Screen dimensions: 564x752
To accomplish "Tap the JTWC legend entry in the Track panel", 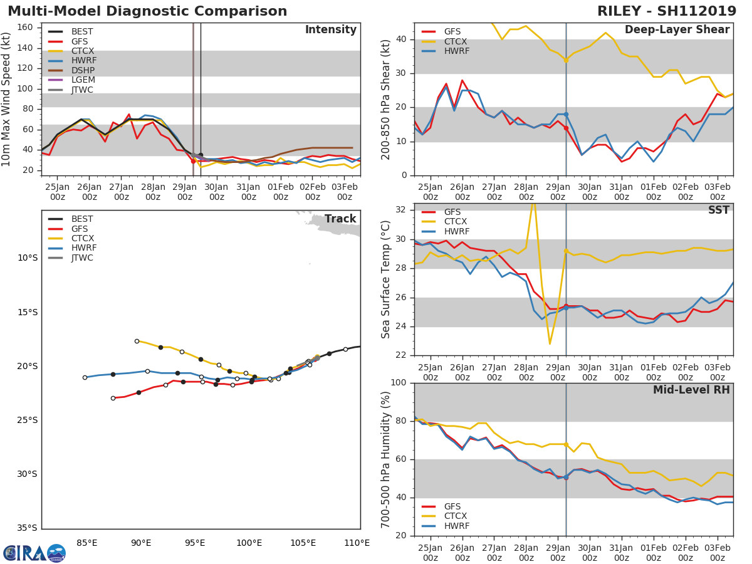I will tap(82, 258).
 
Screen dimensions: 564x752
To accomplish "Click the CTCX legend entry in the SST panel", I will tap(456, 222).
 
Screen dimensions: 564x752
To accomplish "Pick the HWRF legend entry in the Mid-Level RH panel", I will tap(456, 526).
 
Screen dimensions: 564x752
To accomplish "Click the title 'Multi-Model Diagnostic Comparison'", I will tap(147, 11).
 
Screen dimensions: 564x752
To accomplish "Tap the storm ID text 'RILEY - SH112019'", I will tap(667, 11).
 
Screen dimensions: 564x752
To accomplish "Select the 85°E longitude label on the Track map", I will tap(86, 543).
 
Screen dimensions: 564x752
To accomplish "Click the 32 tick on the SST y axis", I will tap(401, 210).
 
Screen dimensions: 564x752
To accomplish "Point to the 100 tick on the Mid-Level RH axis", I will tap(399, 383).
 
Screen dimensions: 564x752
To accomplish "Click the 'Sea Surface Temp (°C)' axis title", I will tap(385, 279).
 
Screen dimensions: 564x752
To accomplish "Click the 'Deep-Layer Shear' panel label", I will tap(677, 30).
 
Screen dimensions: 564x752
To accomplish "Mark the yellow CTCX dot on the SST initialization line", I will tap(566, 251).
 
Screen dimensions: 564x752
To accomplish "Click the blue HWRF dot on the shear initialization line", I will tap(566, 115).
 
